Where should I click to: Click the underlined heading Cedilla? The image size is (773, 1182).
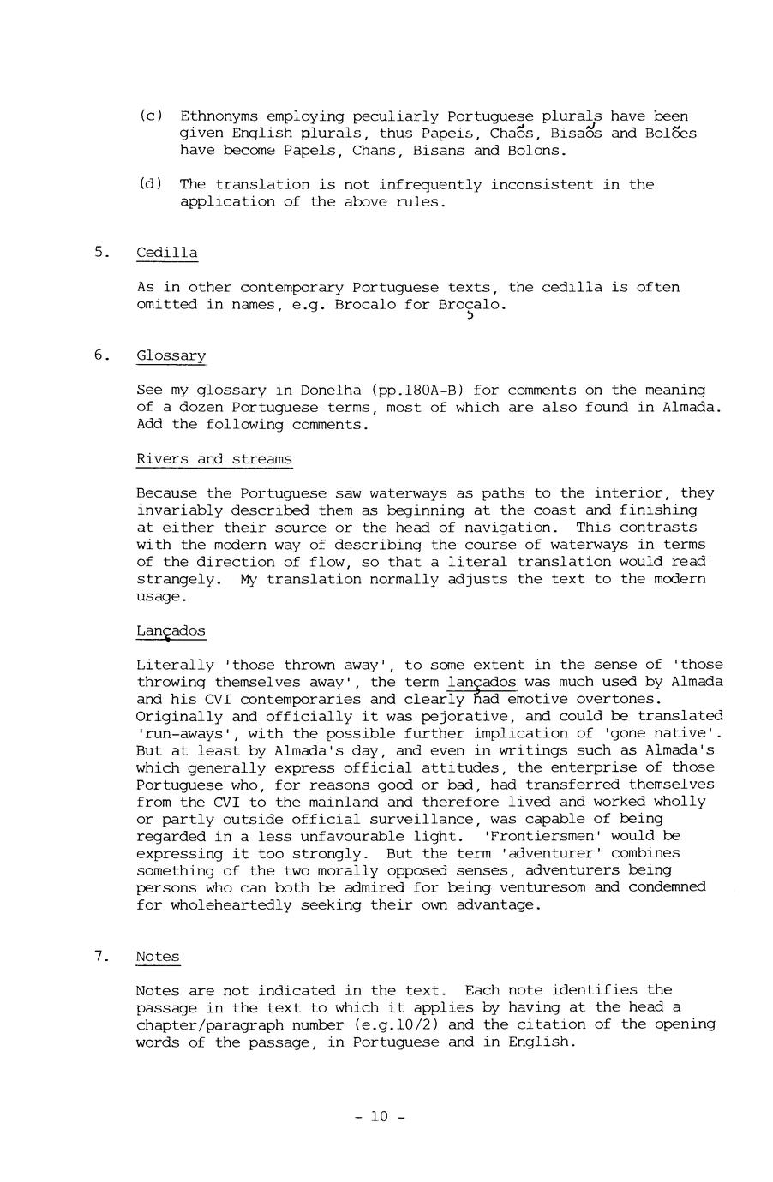(x=166, y=253)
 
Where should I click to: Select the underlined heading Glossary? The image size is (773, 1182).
(x=171, y=355)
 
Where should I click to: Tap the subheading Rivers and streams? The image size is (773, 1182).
(x=213, y=459)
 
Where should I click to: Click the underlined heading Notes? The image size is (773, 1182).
(x=158, y=956)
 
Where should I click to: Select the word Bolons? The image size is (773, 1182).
(x=537, y=151)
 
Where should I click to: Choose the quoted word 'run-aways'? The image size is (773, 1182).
(x=179, y=733)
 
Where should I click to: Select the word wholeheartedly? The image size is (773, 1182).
(x=213, y=904)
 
